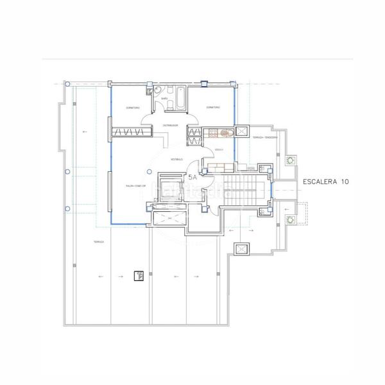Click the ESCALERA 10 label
point(325,182)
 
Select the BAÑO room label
point(164,98)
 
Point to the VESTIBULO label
point(177,158)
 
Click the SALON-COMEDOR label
point(136,185)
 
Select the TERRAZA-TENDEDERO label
point(264,138)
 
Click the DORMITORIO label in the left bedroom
point(133,108)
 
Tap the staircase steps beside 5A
point(244,190)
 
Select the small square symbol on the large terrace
point(137,277)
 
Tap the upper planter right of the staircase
point(289,159)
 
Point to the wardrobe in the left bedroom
point(132,132)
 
